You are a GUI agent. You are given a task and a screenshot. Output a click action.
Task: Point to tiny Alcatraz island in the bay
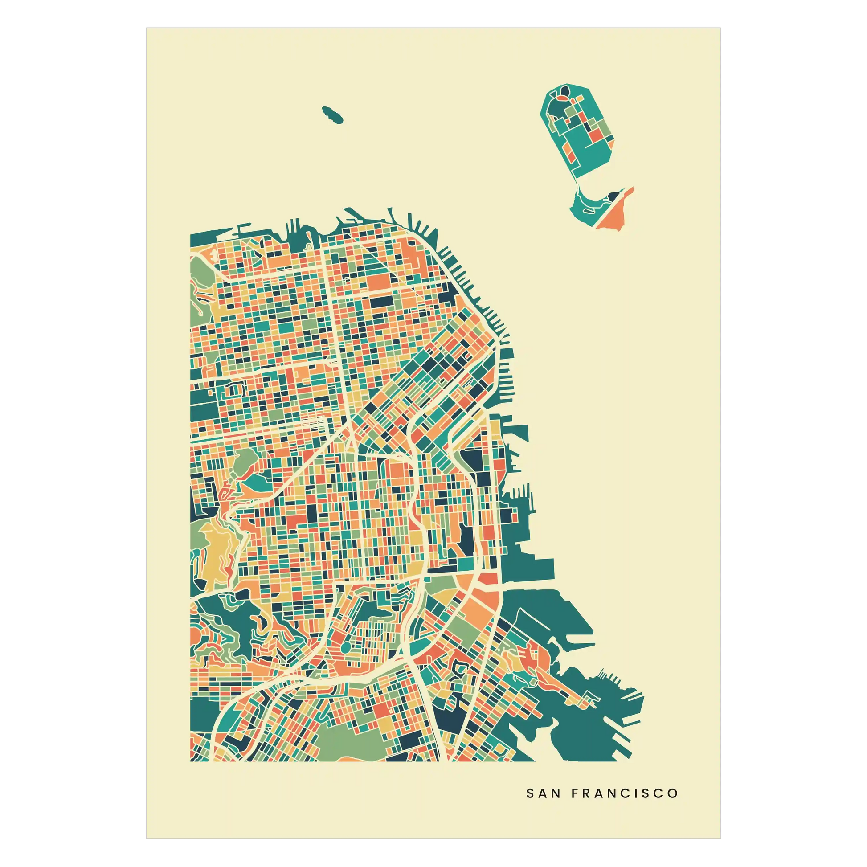(x=332, y=115)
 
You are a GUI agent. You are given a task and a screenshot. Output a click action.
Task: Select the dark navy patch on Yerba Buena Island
(x=612, y=196)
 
